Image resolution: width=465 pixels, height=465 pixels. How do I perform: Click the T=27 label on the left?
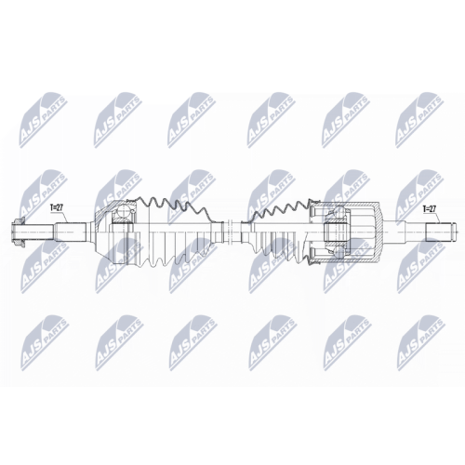(58, 210)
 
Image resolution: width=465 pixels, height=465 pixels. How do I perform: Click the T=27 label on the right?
(431, 210)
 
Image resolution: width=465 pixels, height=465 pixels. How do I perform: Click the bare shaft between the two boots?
(225, 226)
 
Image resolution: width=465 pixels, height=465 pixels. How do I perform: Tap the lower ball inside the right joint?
(336, 247)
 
